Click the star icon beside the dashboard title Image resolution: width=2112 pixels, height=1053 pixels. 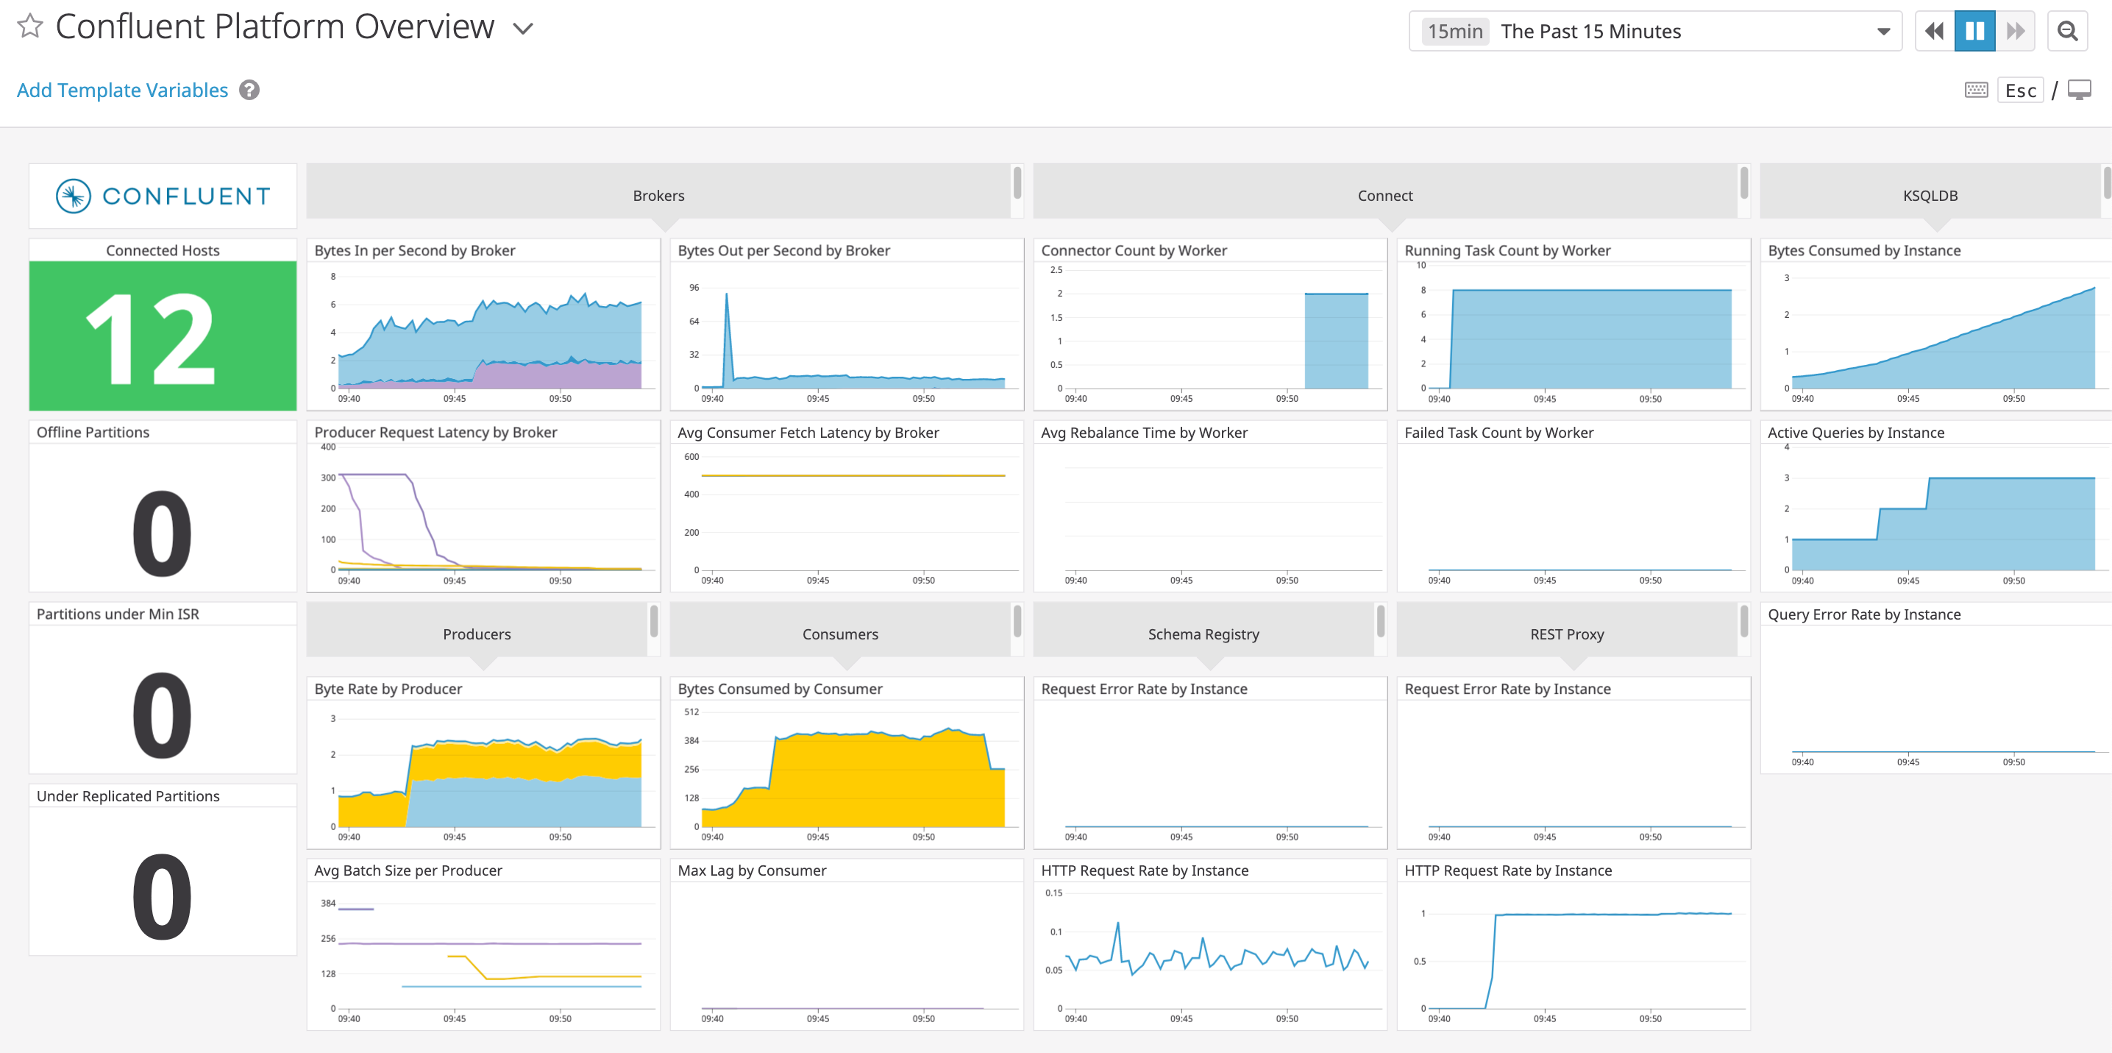click(x=29, y=26)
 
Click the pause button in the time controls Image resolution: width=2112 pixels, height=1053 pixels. click(x=1974, y=31)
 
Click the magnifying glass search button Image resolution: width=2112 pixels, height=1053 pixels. click(x=2067, y=31)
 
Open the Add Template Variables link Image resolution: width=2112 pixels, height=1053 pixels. click(x=122, y=91)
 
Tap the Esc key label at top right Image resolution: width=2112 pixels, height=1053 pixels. click(x=2020, y=91)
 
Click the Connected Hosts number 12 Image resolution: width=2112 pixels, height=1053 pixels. click(x=152, y=338)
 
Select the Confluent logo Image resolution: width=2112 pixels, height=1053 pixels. click(x=163, y=196)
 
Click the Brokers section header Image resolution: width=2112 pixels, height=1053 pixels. click(x=658, y=195)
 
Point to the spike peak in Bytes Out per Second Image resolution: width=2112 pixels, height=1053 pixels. click(x=725, y=294)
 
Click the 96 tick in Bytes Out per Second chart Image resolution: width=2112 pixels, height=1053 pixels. click(x=694, y=288)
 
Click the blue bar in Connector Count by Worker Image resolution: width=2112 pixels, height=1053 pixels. click(x=1336, y=341)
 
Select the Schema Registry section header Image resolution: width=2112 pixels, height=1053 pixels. click(x=1203, y=634)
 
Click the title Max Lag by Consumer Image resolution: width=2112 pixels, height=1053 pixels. click(x=752, y=870)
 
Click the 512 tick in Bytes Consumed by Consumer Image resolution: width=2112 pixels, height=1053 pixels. click(x=691, y=712)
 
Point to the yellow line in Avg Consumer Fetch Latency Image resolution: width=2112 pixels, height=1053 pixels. click(x=853, y=475)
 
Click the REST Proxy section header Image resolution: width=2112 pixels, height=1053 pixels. click(x=1566, y=634)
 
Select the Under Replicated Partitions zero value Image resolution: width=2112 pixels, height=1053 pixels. click(x=163, y=896)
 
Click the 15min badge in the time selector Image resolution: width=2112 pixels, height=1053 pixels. click(x=1454, y=31)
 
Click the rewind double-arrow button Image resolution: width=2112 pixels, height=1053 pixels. click(x=1933, y=31)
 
